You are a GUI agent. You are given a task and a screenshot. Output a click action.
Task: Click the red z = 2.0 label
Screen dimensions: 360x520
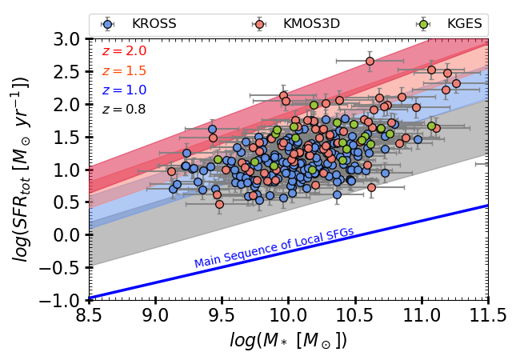point(124,51)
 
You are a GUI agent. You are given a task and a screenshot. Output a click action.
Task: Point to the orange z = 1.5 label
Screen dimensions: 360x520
point(124,70)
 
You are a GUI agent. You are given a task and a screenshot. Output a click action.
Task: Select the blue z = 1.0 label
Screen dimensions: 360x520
point(124,90)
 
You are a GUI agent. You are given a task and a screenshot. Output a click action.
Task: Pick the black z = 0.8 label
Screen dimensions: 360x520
point(124,109)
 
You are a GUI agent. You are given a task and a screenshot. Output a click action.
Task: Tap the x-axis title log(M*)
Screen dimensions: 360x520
point(288,339)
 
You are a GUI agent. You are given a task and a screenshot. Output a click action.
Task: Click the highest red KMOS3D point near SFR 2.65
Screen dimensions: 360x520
point(370,61)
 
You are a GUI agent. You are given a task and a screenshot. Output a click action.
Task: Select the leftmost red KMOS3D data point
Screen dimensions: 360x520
point(171,171)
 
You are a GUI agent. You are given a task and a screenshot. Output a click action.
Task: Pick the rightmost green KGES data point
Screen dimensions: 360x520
point(432,126)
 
